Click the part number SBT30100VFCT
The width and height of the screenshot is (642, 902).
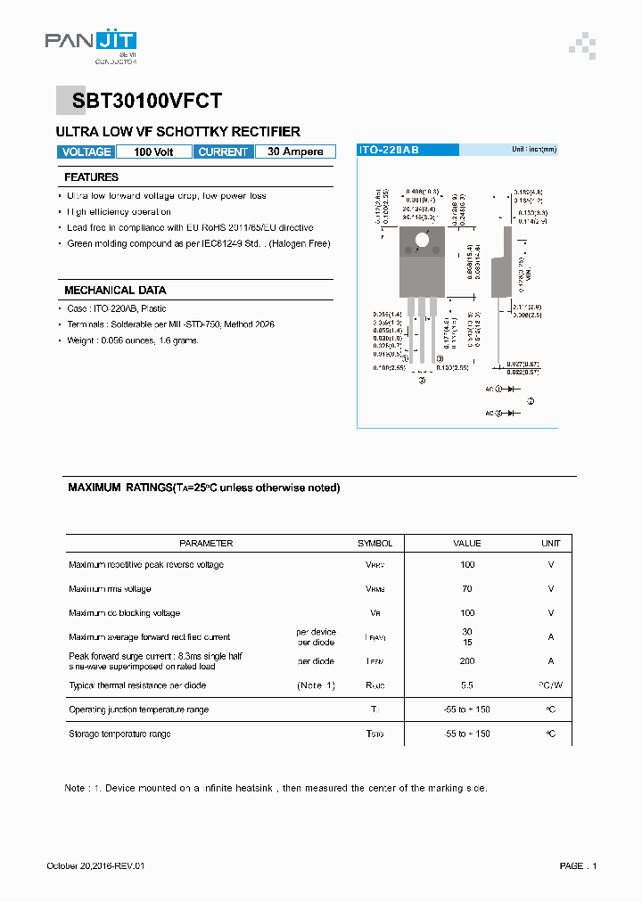click(141, 102)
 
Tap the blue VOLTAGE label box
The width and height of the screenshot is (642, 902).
click(86, 152)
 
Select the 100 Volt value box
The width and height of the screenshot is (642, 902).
click(154, 152)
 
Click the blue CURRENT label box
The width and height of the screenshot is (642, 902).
click(223, 152)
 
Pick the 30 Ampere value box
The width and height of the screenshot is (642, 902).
click(295, 152)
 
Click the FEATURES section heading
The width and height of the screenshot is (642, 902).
click(91, 177)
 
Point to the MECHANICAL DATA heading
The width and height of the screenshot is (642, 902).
click(115, 291)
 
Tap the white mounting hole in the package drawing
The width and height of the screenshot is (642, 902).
click(423, 239)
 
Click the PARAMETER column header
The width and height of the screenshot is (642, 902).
click(206, 543)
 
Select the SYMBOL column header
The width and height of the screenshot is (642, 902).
click(374, 543)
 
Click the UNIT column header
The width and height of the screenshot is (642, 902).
click(550, 543)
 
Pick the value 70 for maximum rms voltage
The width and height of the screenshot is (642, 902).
click(467, 588)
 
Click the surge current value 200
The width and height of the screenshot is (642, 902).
click(467, 661)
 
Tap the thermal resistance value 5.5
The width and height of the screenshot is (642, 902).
click(467, 685)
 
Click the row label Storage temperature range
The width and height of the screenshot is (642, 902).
click(119, 734)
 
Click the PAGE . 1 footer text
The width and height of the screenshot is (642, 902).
click(578, 866)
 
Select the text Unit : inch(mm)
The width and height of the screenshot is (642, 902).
click(533, 150)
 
